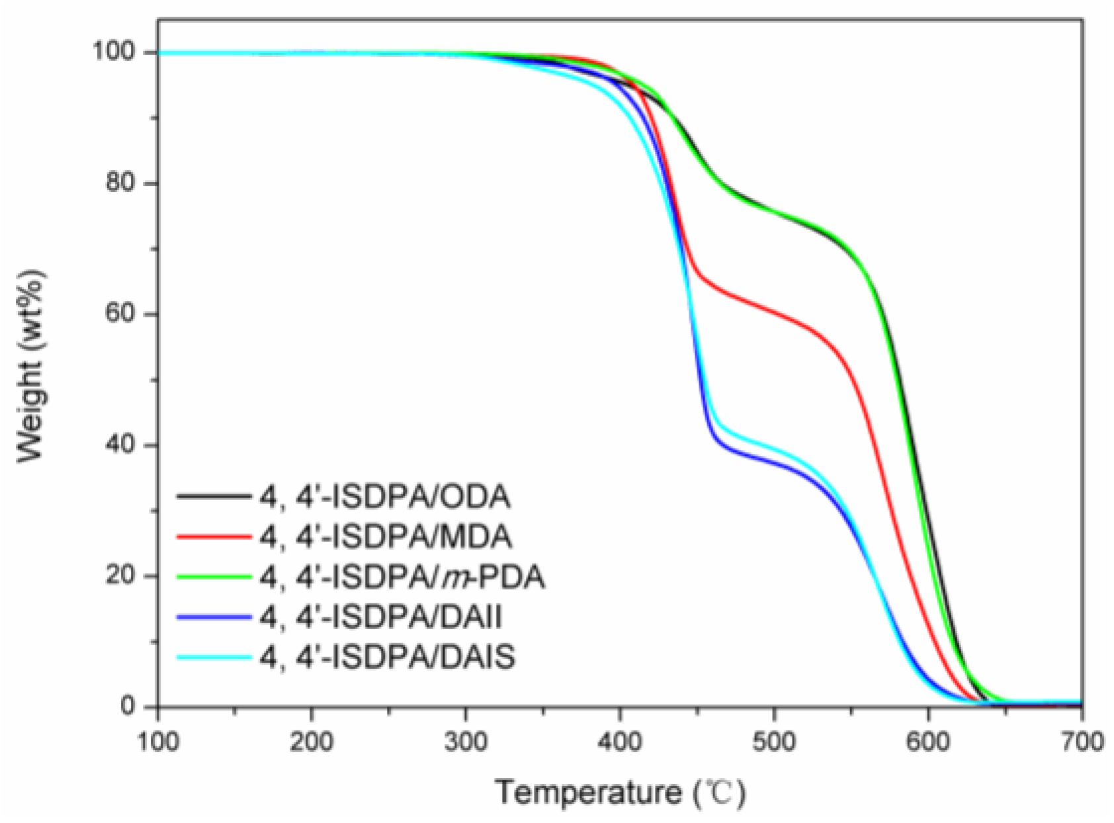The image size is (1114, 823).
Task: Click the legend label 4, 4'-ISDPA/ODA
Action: (x=385, y=498)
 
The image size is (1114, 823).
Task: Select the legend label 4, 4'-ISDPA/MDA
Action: (x=386, y=537)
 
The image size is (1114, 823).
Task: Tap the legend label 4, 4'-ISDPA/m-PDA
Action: (x=402, y=578)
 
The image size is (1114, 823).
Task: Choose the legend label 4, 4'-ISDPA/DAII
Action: (x=381, y=617)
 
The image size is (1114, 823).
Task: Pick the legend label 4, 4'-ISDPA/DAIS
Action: (x=388, y=658)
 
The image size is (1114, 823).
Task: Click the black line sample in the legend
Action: (x=215, y=496)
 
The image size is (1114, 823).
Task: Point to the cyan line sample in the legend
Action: (x=215, y=657)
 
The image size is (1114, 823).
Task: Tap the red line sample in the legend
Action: (x=215, y=537)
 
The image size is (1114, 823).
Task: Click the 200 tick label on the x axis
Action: (x=311, y=742)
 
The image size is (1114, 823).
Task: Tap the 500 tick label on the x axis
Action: (x=773, y=742)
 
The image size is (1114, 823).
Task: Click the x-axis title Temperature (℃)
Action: (x=620, y=793)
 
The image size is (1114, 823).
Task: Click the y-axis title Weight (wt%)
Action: (x=30, y=365)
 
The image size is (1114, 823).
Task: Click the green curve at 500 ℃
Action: (x=773, y=214)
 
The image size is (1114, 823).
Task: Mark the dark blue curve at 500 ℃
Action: (x=773, y=463)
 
